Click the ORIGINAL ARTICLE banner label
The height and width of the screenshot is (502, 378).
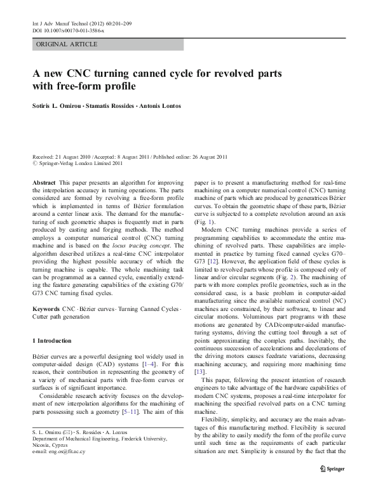point(67,44)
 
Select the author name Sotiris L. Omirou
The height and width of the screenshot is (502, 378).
point(64,106)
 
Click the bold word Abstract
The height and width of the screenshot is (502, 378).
point(44,182)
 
